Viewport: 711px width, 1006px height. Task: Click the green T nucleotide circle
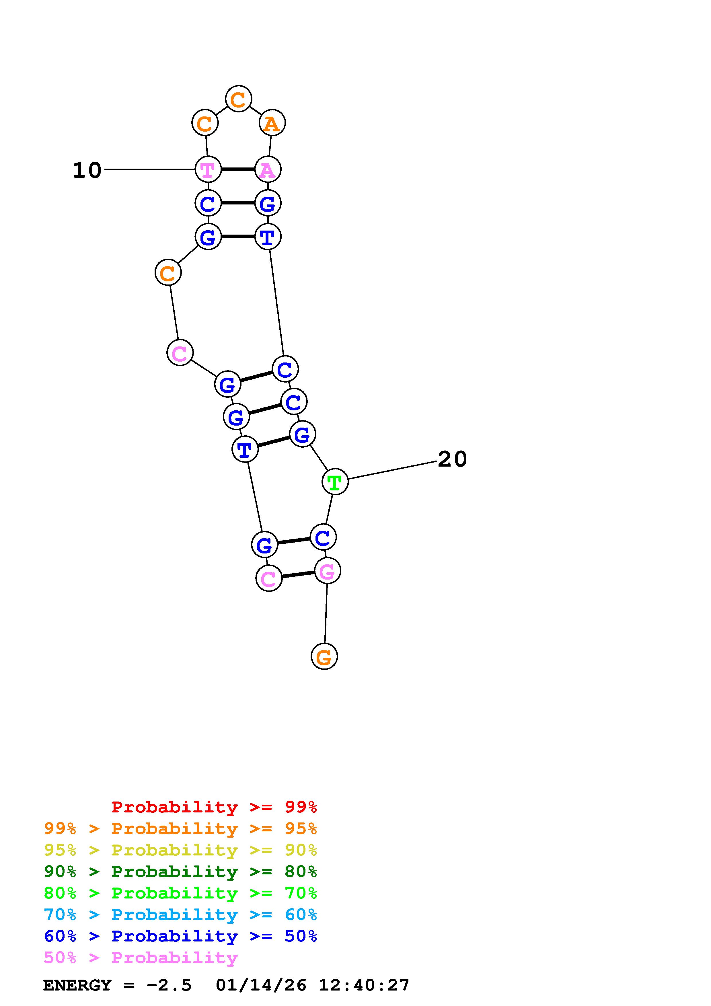335,481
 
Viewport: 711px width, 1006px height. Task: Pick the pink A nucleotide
268,169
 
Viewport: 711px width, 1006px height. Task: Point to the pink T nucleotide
208,169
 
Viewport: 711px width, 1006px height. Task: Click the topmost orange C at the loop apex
238,99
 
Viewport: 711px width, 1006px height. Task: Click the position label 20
452,459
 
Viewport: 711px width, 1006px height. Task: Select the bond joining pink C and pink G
298,574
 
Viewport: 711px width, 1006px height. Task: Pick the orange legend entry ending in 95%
180,828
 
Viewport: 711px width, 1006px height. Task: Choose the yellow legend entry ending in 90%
180,850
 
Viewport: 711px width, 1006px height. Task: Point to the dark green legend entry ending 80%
180,872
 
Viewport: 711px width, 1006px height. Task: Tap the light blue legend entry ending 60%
180,915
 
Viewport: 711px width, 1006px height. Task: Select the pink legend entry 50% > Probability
141,957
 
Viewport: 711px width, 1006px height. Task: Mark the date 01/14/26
261,985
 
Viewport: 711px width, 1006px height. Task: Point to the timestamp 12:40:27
364,985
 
